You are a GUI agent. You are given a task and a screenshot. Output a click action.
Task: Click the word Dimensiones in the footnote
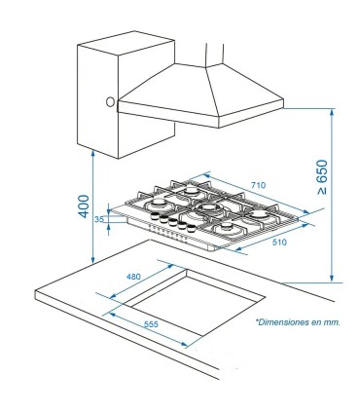282,320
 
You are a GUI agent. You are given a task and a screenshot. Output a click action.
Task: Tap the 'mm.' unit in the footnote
332,320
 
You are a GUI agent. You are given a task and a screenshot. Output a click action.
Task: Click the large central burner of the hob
206,207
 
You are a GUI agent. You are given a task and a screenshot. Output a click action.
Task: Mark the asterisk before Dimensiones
258,319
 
